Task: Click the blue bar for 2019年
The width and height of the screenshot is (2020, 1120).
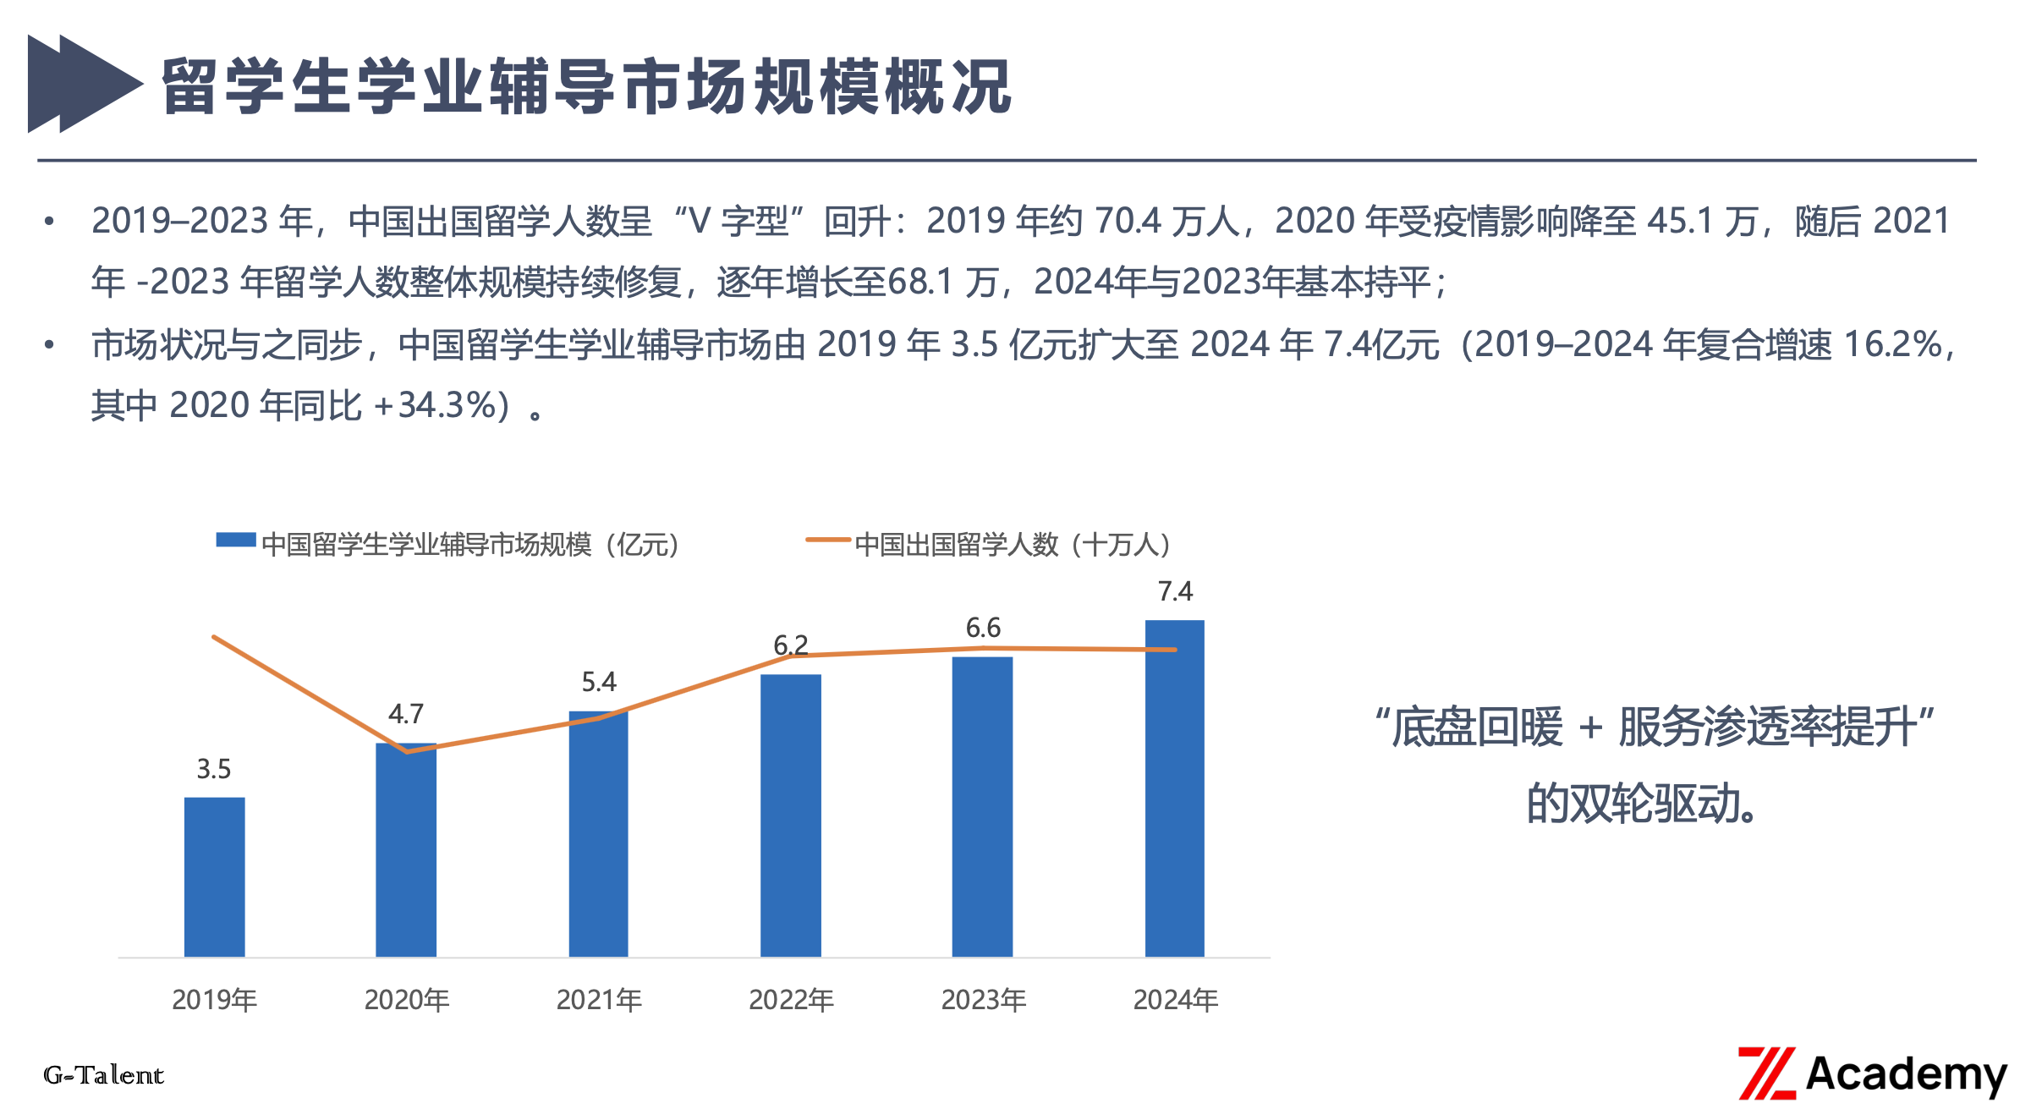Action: pyautogui.click(x=214, y=876)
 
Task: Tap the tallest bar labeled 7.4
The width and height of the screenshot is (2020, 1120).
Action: pyautogui.click(x=1174, y=788)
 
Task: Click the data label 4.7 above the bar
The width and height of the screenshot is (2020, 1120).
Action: pyautogui.click(x=405, y=714)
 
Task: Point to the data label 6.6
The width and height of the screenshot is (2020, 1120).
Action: pyautogui.click(x=982, y=628)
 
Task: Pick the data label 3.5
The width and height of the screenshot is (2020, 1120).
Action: pyautogui.click(x=213, y=769)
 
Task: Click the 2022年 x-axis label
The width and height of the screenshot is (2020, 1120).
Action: pyautogui.click(x=791, y=1000)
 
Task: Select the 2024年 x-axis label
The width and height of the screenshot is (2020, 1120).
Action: pyautogui.click(x=1175, y=1000)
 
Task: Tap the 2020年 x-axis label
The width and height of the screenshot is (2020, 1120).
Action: pyautogui.click(x=406, y=1000)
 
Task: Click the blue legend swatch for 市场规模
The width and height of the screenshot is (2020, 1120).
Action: pyautogui.click(x=236, y=541)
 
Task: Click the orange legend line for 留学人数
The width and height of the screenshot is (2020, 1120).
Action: pyautogui.click(x=827, y=540)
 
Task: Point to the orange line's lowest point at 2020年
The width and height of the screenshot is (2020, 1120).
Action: pyautogui.click(x=407, y=751)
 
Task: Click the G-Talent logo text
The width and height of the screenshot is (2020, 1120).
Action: pyautogui.click(x=103, y=1075)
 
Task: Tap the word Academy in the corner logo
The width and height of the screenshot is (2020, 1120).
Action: pyautogui.click(x=1905, y=1074)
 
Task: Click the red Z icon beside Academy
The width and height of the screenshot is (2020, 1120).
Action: pyautogui.click(x=1766, y=1073)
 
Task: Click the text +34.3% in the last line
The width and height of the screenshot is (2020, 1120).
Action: pyautogui.click(x=431, y=406)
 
